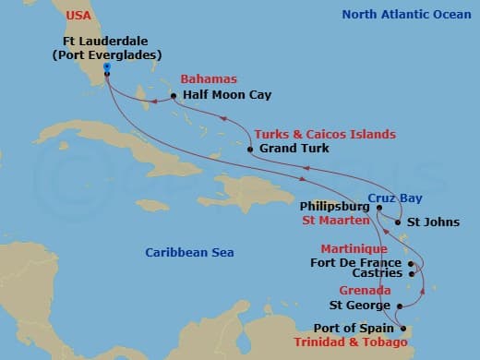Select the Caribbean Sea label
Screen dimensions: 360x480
pos(190,252)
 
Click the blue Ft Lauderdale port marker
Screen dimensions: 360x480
pos(107,69)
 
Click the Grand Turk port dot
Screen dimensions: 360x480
pos(250,148)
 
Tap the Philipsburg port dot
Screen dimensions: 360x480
pos(378,208)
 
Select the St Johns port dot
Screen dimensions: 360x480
pos(397,222)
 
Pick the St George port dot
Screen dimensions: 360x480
pos(399,306)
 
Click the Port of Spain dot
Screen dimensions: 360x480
pos(399,327)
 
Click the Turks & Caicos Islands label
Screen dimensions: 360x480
pos(325,134)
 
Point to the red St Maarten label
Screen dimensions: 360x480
pos(334,222)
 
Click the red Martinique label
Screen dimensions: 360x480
pos(353,249)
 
